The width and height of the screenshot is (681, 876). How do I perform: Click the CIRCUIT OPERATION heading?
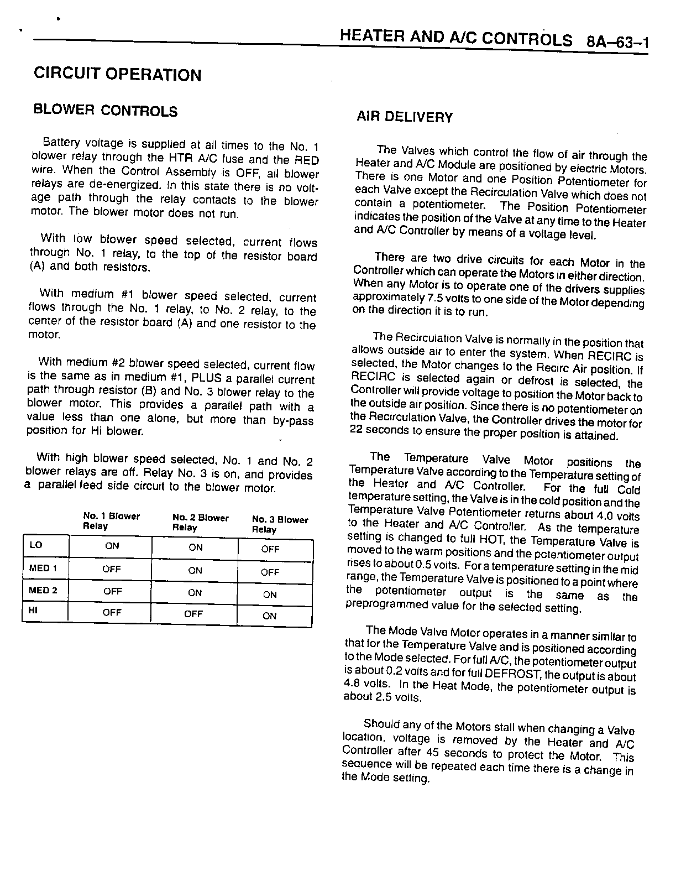coord(118,74)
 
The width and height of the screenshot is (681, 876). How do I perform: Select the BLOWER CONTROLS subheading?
coord(106,111)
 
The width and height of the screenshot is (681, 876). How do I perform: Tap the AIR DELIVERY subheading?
coord(405,117)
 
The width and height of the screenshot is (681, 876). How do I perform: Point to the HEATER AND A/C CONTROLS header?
coord(457,38)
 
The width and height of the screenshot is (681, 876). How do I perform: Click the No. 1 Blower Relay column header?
coord(111,521)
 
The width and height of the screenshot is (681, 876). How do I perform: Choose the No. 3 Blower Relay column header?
coord(280,524)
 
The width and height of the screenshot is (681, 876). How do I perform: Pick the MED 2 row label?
coord(43,590)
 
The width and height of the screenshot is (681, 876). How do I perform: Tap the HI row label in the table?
coord(33,612)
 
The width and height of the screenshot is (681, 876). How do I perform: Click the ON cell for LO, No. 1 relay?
coord(112,546)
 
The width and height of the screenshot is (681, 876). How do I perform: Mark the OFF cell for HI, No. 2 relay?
coord(193,614)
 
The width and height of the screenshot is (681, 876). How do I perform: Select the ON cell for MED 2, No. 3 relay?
coord(270,595)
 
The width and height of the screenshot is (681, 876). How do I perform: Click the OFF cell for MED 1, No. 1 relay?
coord(112,569)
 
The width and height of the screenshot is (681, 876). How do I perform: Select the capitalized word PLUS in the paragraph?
coord(205,379)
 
